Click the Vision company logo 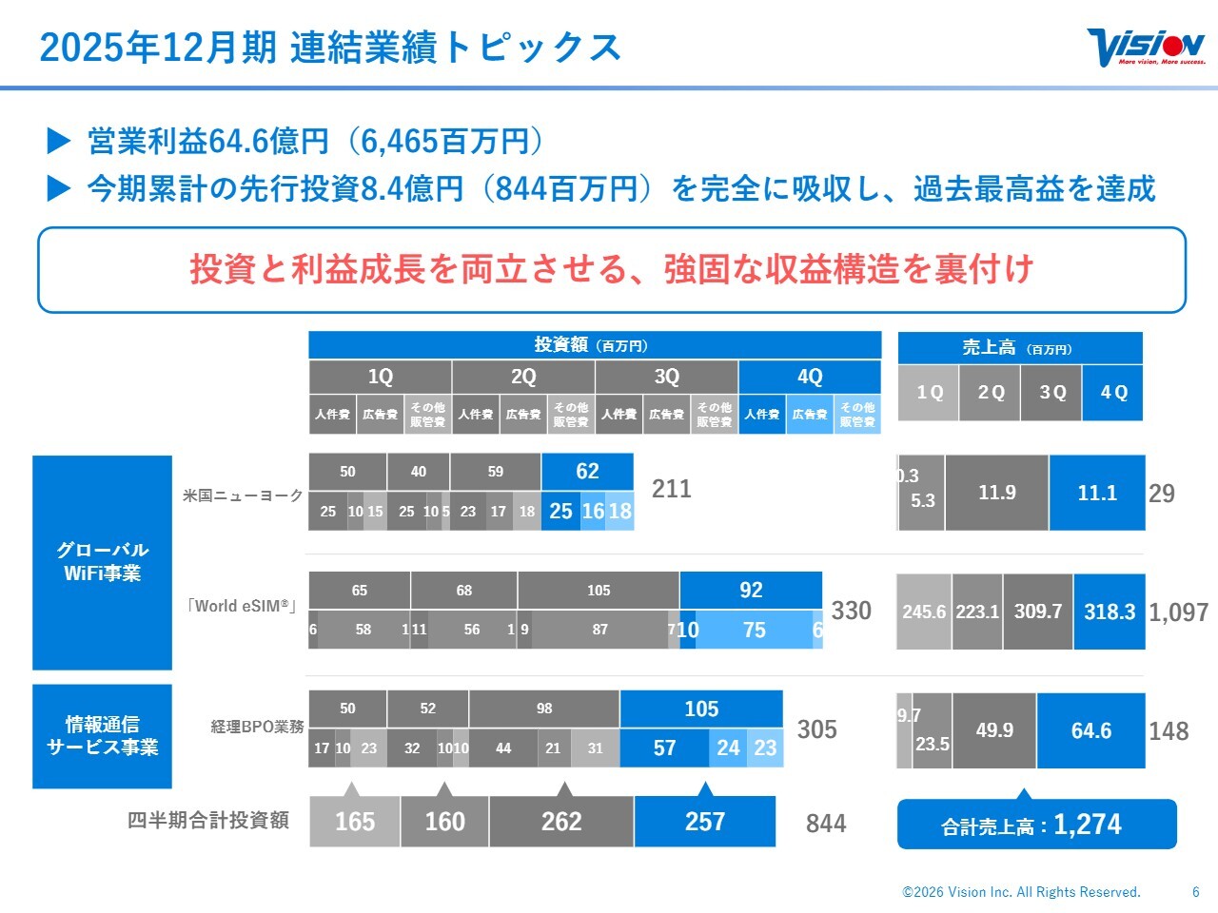1146,47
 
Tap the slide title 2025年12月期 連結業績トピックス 330,48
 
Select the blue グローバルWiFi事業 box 102,562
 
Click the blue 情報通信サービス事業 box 102,736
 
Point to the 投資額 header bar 595,345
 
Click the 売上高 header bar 1019,348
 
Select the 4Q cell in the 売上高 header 1112,392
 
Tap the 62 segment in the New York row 587,471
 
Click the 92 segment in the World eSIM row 751,590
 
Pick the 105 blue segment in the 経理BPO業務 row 701,709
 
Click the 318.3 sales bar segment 1110,612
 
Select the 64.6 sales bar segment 1090,730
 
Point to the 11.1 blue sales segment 1096,493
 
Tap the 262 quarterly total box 561,822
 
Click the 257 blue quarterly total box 704,822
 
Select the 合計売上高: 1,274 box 1036,825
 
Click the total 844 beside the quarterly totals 825,824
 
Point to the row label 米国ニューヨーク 243,495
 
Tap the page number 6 1196,892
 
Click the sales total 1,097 1178,612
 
